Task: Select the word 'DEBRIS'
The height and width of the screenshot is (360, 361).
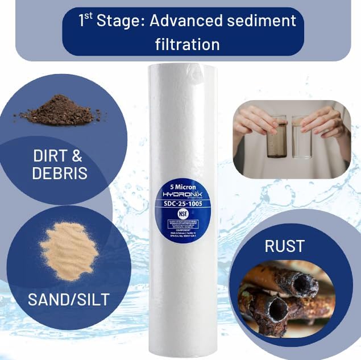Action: tap(60, 173)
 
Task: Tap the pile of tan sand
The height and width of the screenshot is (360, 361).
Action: tap(67, 251)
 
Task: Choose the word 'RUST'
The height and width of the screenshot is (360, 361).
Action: tap(284, 247)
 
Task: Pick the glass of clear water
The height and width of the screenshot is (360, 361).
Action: tap(302, 137)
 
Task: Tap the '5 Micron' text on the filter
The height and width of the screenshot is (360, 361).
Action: tap(182, 185)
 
